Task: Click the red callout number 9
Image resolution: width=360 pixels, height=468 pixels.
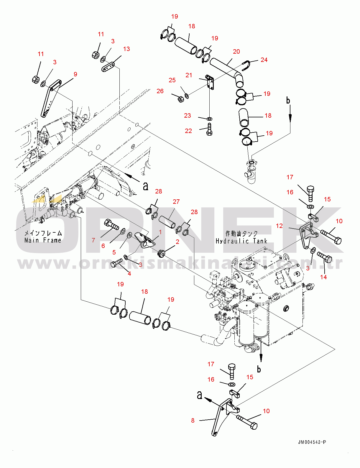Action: tap(75, 74)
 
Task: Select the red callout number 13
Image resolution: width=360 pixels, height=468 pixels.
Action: tap(126, 49)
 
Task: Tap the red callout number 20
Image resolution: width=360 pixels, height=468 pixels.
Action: tap(236, 52)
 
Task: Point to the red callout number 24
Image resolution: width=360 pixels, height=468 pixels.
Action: tap(264, 60)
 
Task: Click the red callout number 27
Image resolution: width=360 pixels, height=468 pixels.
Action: tap(176, 202)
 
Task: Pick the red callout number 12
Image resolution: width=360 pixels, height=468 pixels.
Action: tap(279, 226)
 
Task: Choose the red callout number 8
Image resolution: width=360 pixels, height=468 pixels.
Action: tap(193, 421)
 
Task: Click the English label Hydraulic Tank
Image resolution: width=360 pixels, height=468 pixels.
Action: tap(241, 241)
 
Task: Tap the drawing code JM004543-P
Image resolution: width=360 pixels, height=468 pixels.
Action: tap(312, 442)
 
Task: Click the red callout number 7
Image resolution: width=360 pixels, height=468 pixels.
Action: tap(93, 240)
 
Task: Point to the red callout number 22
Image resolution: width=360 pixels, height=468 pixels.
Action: tap(188, 131)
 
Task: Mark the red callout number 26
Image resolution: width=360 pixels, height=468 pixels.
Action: tap(160, 91)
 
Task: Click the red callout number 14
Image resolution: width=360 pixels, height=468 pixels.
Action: tap(323, 277)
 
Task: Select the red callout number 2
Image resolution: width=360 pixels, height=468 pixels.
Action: tap(177, 242)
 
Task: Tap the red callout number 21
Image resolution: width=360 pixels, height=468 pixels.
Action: tap(189, 75)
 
